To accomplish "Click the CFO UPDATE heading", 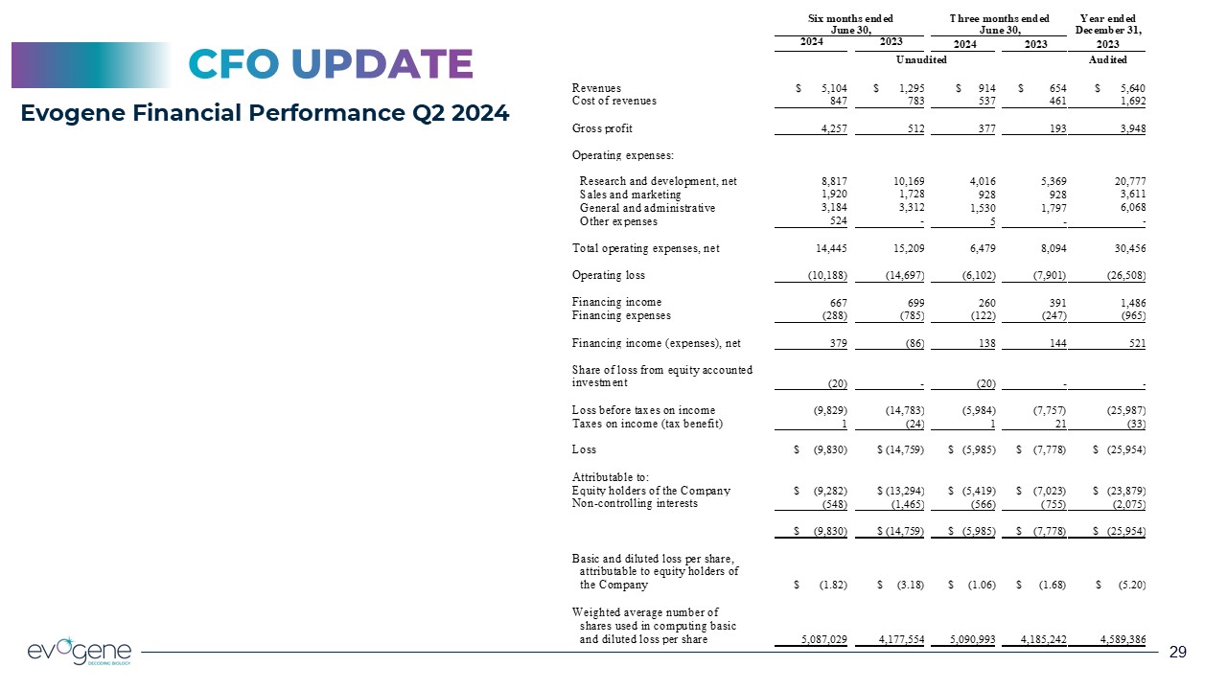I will coord(330,64).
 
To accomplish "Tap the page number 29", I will coord(1178,653).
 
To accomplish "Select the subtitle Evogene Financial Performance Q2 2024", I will coord(266,113).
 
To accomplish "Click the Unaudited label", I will coord(921,60).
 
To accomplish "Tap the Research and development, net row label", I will coord(659,181).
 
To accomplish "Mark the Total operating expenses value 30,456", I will coord(1126,249).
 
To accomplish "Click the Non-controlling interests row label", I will coord(635,503).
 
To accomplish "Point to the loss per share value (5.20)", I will coord(1129,585).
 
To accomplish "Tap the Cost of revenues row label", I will coord(613,101).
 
